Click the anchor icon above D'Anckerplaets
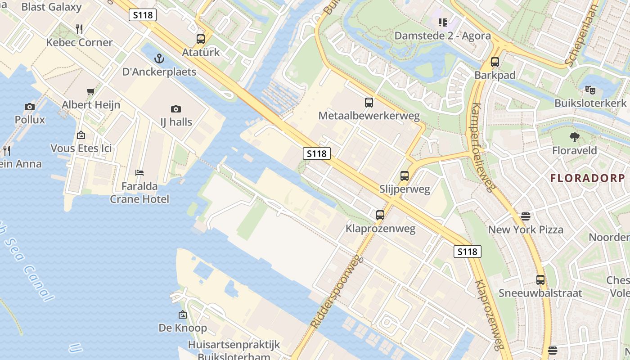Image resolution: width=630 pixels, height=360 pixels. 159,58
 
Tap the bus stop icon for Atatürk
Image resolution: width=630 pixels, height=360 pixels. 201,39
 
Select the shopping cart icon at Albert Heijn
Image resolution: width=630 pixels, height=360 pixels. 91,92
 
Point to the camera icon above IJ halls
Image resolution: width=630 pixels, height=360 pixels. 176,109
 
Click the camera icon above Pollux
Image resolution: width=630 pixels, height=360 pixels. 30,107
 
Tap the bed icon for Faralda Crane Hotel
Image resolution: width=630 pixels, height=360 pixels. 139,173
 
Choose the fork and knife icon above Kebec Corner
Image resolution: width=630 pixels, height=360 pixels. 79,29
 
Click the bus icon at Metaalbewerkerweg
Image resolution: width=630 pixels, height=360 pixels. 369,103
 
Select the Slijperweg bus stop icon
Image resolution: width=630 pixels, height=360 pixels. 405,176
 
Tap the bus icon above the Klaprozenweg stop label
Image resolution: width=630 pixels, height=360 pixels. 380,215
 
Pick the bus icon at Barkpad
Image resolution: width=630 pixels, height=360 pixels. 495,62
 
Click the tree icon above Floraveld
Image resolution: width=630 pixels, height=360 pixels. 574,137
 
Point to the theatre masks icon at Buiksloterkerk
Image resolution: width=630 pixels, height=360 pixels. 590,90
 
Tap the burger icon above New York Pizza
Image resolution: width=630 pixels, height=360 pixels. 526,216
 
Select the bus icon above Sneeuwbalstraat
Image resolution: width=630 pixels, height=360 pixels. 540,280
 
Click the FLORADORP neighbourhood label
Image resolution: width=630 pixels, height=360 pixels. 588,178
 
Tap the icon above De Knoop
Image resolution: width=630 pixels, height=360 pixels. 183,315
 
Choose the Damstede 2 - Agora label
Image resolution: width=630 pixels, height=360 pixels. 442,36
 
